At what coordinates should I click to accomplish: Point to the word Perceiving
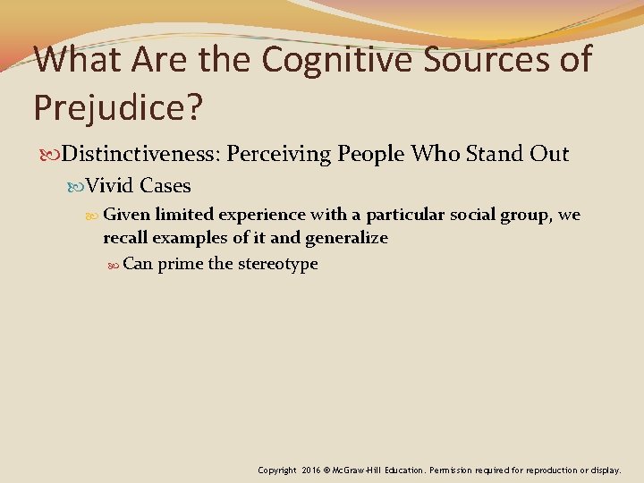(278, 154)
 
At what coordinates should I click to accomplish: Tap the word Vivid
(111, 186)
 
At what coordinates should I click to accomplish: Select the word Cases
(165, 186)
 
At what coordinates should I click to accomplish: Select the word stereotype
(277, 265)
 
